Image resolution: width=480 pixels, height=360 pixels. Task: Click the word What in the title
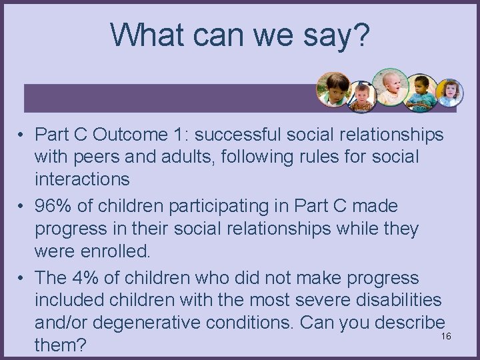143,34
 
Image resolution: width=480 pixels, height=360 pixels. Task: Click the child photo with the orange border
333,89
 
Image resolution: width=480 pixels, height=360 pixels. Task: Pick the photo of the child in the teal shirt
421,92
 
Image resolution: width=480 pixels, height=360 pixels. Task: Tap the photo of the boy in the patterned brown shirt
362,97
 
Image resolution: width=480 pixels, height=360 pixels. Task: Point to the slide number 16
446,336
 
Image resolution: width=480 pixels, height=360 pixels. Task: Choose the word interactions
82,179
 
